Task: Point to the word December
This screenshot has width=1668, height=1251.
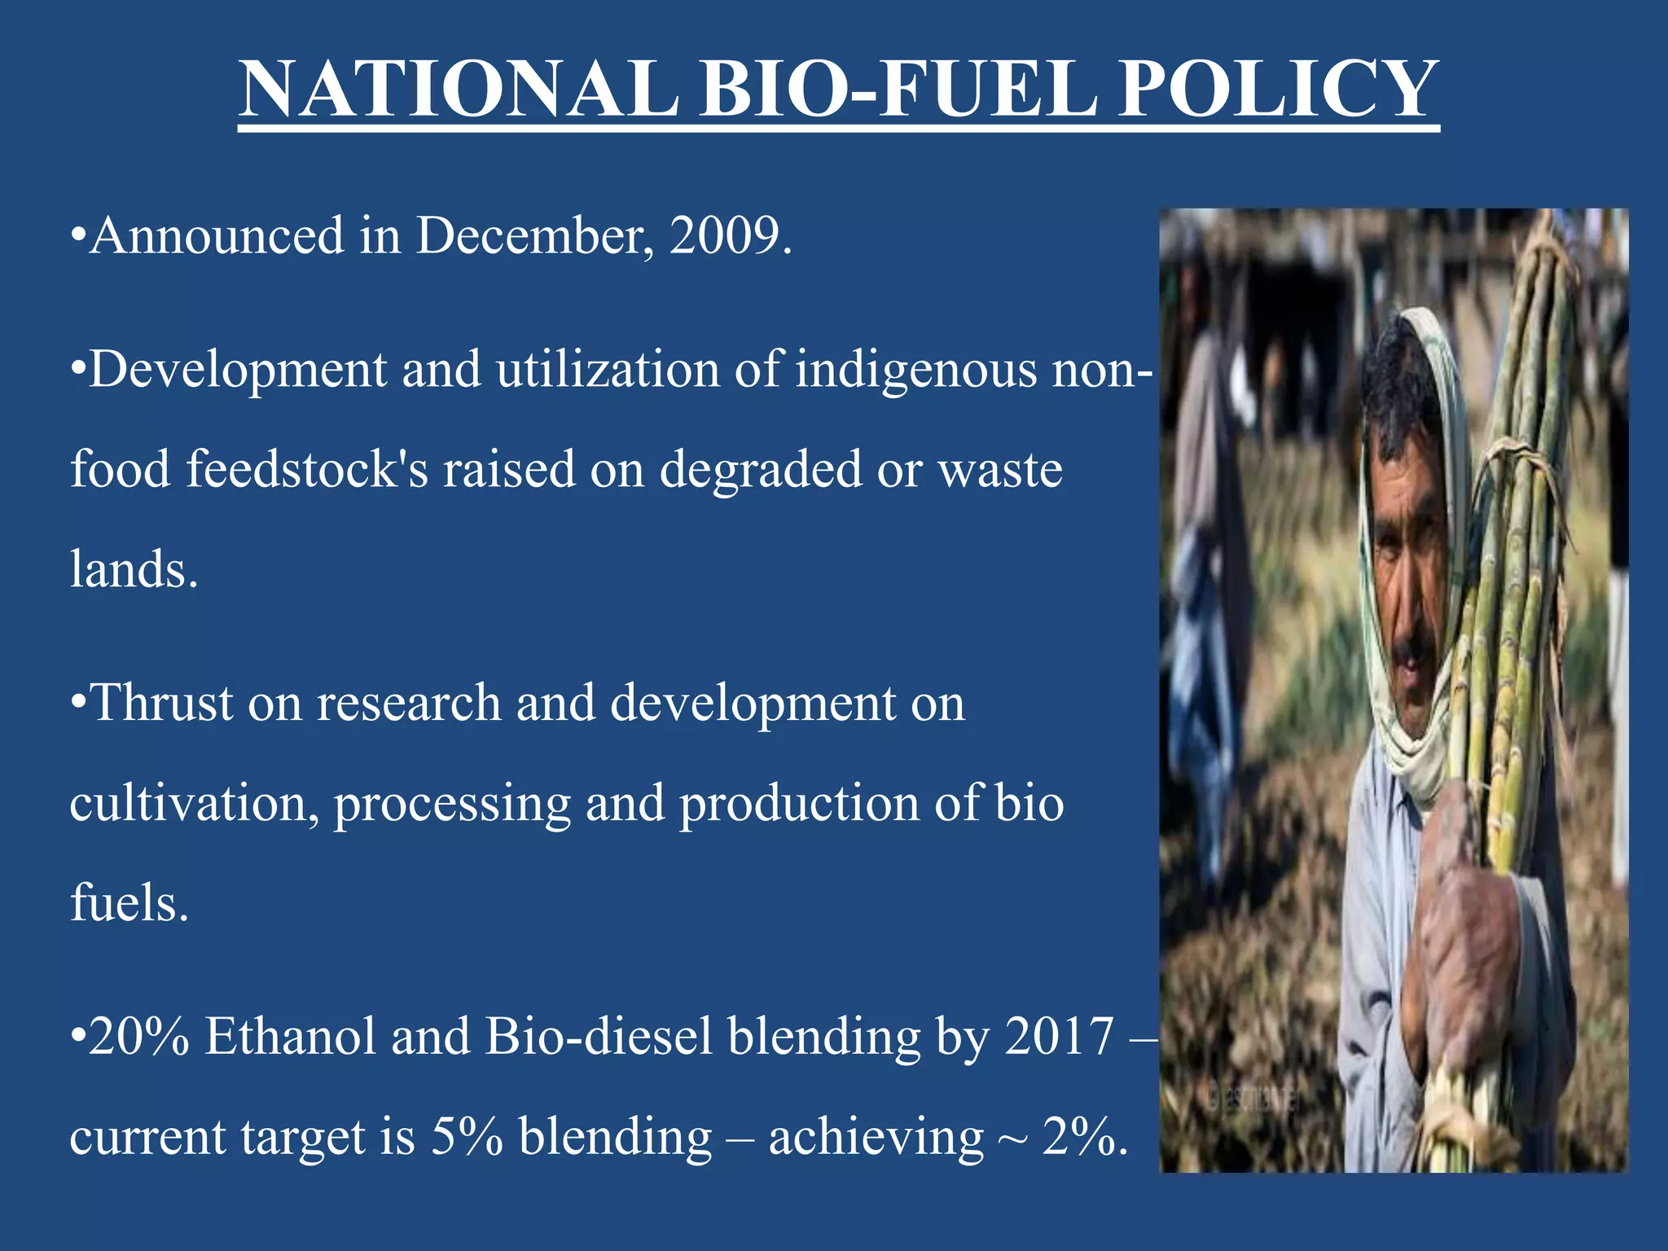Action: click(534, 236)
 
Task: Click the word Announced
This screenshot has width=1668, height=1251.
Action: click(217, 236)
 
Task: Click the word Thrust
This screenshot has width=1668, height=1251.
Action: click(161, 703)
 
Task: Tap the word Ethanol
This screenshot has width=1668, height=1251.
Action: click(291, 1037)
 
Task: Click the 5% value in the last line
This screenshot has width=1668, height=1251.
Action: click(467, 1138)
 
